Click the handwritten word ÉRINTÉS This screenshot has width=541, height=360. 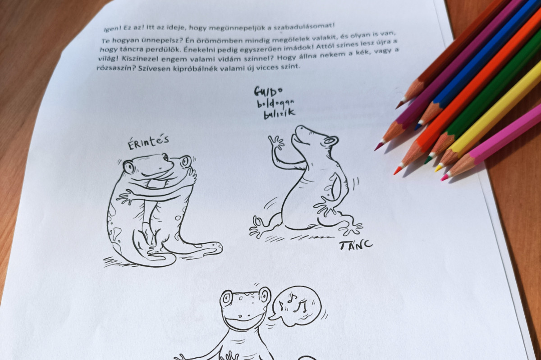(x=148, y=143)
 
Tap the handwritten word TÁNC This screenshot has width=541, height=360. (x=356, y=245)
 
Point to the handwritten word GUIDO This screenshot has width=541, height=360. (x=268, y=91)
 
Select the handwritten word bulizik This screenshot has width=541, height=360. (x=280, y=114)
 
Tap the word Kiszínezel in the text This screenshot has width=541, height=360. (x=142, y=59)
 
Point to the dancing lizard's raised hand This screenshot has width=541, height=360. (x=276, y=142)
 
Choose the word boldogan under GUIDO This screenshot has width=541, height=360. (x=275, y=104)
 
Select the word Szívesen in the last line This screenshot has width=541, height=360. (x=153, y=68)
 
